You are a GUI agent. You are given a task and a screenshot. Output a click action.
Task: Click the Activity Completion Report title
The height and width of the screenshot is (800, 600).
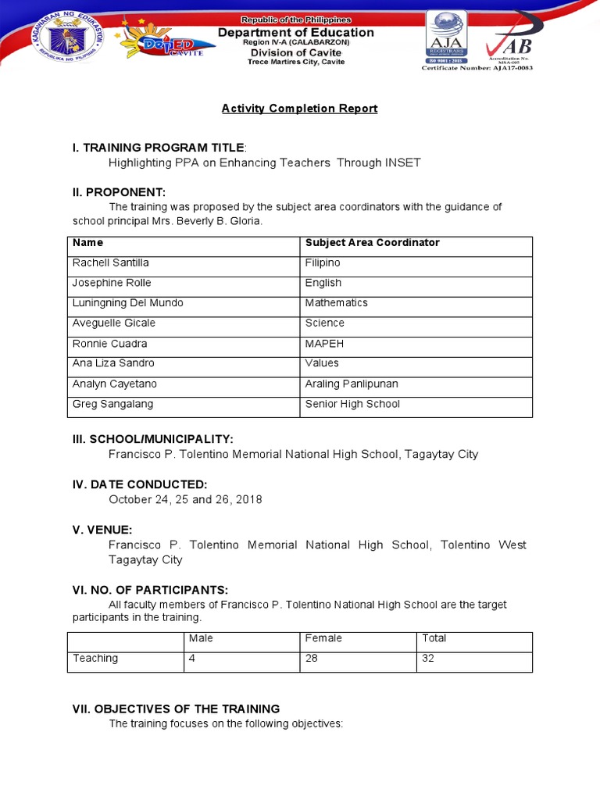click(299, 109)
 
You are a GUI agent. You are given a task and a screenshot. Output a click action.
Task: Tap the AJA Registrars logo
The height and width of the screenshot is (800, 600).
click(446, 37)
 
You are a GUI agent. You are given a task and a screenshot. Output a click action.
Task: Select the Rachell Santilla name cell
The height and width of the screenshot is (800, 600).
click(110, 263)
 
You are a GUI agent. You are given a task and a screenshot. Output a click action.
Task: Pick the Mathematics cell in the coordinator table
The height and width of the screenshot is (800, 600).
click(336, 303)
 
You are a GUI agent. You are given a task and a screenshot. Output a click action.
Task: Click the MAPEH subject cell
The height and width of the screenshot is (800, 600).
click(324, 344)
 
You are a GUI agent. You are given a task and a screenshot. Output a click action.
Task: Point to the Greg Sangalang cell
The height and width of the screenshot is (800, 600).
click(112, 405)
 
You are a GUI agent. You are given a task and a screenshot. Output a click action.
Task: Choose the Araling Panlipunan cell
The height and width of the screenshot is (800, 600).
click(351, 384)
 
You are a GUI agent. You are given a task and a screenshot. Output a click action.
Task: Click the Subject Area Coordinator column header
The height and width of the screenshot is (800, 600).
click(372, 243)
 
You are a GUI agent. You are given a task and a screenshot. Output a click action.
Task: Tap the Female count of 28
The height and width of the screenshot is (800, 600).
click(312, 659)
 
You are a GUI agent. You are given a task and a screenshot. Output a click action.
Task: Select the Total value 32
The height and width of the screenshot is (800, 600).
click(428, 659)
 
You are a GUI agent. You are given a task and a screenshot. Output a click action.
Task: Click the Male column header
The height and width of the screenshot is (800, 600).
click(201, 638)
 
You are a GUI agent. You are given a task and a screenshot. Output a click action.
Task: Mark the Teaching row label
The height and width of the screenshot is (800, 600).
click(95, 659)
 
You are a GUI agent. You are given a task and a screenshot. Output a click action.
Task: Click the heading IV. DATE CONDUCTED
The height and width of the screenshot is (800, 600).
click(140, 484)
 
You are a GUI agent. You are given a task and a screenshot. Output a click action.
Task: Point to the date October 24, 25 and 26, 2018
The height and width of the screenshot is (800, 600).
click(185, 499)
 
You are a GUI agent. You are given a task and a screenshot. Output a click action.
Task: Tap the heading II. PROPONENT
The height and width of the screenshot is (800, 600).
click(119, 192)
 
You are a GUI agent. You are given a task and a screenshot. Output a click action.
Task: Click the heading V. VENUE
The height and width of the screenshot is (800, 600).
click(102, 530)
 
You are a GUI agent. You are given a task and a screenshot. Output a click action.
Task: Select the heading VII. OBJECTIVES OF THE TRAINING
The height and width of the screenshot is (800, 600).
click(176, 709)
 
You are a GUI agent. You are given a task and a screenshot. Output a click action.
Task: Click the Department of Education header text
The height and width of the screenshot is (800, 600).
click(295, 33)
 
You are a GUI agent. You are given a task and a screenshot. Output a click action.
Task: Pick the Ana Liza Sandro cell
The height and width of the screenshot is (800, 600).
click(113, 363)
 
